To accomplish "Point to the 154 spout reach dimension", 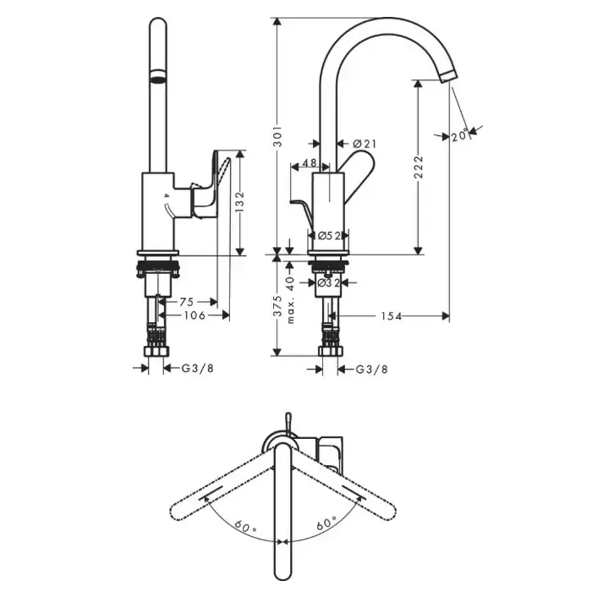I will [x=391, y=316].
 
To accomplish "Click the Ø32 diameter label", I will [x=328, y=283].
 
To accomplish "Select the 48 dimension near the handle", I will [x=309, y=163].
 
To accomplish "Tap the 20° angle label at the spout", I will [x=459, y=134].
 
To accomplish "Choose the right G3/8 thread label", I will [x=371, y=369].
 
